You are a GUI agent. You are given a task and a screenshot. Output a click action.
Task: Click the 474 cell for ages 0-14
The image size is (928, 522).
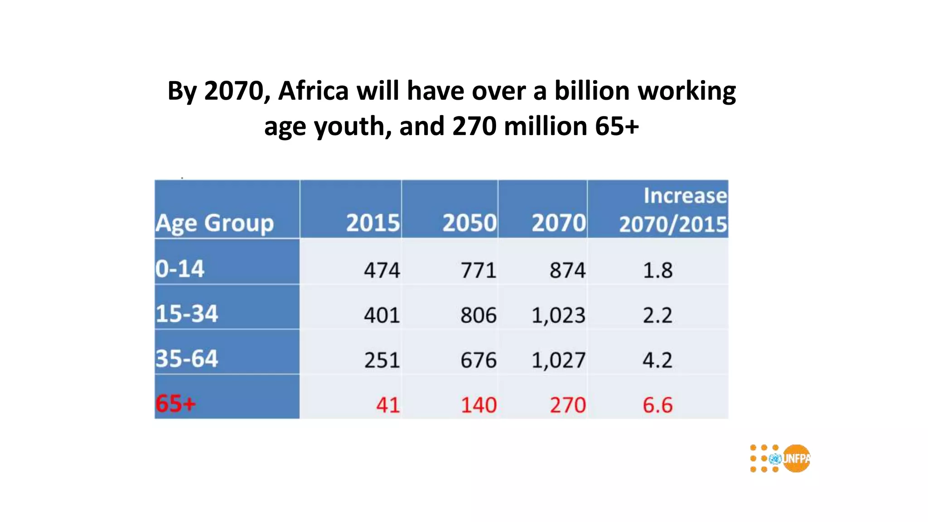point(382,271)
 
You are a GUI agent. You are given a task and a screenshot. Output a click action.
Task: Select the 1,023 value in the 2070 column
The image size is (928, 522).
point(558,315)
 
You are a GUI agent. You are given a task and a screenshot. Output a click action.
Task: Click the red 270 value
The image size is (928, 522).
point(568,405)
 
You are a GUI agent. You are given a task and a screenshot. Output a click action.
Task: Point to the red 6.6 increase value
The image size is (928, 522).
point(657,405)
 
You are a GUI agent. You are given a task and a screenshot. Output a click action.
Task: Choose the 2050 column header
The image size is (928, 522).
point(469,223)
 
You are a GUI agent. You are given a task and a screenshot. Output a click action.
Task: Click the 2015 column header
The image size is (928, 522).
point(373,223)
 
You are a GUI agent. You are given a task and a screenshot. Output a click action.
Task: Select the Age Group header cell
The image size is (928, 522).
point(215,223)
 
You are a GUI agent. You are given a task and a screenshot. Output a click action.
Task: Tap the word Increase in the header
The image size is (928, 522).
point(685,196)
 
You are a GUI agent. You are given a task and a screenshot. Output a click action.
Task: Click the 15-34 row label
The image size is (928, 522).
point(187,314)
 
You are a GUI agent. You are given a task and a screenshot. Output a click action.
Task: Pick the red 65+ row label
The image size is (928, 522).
point(176,403)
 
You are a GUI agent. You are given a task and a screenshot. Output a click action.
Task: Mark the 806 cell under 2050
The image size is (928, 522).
point(478,315)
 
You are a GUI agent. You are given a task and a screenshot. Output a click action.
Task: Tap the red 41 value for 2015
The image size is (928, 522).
point(388,405)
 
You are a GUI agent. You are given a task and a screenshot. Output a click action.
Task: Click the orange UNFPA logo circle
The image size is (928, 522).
point(796,459)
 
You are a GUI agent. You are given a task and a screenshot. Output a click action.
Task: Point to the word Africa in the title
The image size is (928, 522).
point(313,91)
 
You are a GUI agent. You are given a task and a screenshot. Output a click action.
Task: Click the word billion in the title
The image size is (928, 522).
point(592,91)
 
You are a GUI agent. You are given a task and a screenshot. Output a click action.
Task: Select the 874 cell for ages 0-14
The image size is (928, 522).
point(567,271)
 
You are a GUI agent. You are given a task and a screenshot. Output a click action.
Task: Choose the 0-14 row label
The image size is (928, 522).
point(180,269)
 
